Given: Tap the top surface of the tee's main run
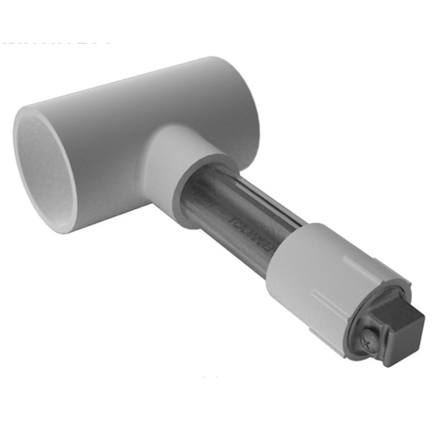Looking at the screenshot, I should [x=139, y=83].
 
